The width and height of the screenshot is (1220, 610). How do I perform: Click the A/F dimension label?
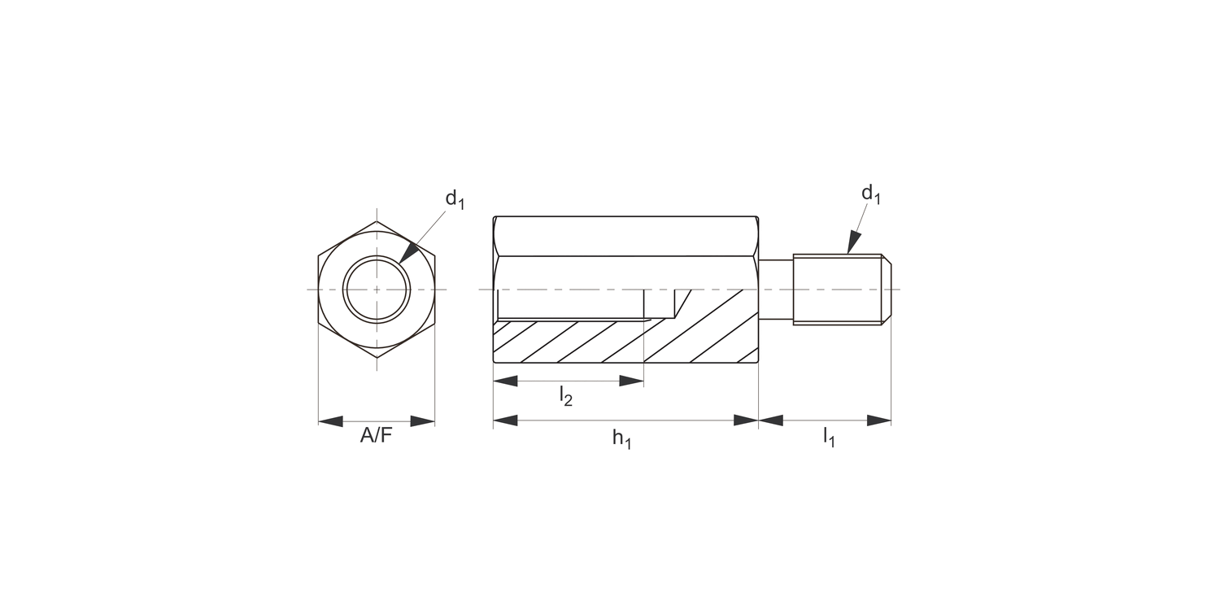tap(376, 436)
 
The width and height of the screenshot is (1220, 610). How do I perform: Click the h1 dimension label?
tap(622, 438)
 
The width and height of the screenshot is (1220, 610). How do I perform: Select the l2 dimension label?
tap(566, 396)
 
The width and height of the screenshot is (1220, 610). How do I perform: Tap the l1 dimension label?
tap(829, 437)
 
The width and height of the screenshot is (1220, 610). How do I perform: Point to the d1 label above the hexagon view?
tap(454, 199)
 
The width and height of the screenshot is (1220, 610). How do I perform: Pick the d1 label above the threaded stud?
tap(871, 194)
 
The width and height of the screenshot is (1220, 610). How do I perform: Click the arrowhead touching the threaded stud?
tap(853, 242)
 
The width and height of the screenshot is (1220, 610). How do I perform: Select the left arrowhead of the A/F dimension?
tap(330, 421)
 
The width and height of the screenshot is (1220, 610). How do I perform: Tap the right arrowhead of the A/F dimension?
tap(423, 421)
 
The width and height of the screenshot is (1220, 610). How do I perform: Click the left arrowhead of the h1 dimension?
tap(506, 420)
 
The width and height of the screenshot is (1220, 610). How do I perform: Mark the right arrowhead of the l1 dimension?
tap(879, 420)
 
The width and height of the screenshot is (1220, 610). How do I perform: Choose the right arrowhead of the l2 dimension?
tap(631, 381)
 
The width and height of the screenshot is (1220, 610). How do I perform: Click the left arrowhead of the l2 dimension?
tap(506, 381)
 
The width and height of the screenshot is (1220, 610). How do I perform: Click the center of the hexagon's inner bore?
tap(377, 290)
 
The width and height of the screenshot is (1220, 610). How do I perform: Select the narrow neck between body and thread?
tap(776, 290)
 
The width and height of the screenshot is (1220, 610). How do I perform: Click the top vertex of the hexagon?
tap(377, 222)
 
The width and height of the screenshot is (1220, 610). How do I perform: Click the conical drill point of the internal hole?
tap(682, 303)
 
